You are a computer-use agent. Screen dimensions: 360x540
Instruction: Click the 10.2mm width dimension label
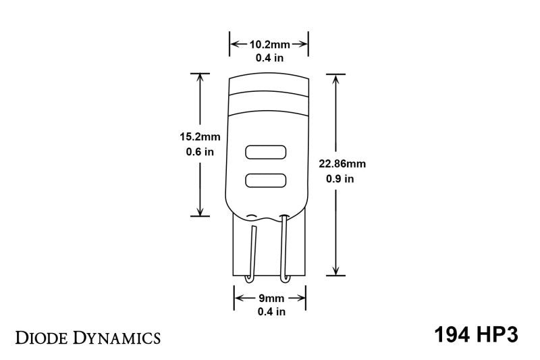[x=269, y=45]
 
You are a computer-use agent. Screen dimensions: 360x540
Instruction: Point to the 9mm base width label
[x=269, y=298]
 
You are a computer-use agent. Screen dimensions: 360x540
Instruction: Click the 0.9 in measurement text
[x=340, y=179]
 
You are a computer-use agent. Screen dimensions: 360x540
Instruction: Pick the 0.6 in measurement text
[x=200, y=152]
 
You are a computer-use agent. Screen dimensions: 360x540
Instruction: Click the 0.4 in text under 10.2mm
[x=269, y=58]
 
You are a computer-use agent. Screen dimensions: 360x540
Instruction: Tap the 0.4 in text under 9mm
[x=269, y=311]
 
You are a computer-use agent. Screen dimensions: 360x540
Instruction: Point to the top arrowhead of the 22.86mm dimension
[x=335, y=78]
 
